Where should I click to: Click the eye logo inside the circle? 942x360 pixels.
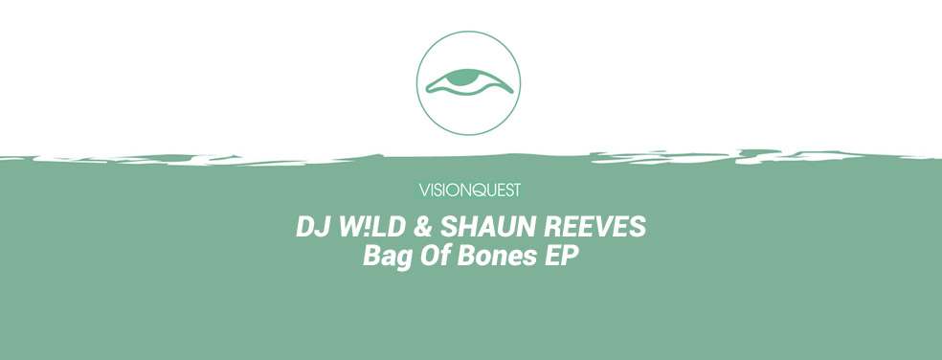[469, 82]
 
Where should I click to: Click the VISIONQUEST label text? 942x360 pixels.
[469, 191]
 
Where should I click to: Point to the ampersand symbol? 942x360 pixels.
[422, 227]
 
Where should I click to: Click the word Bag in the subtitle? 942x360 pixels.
[387, 257]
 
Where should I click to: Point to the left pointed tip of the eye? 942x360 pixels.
[427, 90]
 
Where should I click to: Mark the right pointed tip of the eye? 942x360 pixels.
[513, 93]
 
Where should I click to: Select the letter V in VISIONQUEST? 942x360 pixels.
[424, 191]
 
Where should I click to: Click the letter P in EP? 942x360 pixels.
[571, 256]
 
